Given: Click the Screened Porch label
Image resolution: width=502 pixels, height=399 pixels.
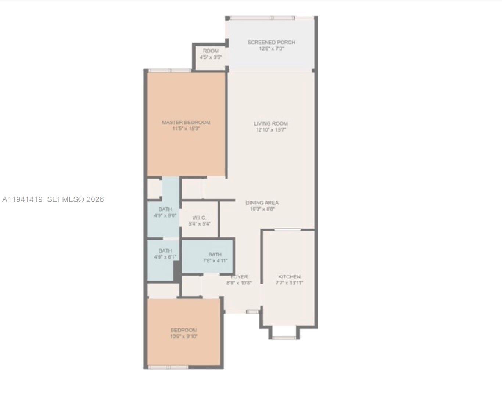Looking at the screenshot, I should (x=271, y=42).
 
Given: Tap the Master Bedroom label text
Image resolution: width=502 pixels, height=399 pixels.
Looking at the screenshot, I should (x=186, y=122).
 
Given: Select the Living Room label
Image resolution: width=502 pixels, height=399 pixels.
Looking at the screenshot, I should (x=271, y=123).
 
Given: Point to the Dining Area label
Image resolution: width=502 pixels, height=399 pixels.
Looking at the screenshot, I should (x=262, y=203).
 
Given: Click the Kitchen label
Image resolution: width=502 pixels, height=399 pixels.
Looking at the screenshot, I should (x=289, y=277).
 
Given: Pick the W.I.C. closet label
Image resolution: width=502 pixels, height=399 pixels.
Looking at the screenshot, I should (x=199, y=218).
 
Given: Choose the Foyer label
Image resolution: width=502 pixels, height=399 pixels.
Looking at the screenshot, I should (x=239, y=277).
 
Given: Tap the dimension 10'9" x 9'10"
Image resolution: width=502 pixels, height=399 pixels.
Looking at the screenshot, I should (x=184, y=336).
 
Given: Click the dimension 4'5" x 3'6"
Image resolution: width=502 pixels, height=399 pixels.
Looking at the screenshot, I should (x=211, y=57).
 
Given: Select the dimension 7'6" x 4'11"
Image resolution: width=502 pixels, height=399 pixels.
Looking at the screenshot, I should (x=215, y=261).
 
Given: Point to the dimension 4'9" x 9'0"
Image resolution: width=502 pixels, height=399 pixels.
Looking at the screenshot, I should (x=165, y=216).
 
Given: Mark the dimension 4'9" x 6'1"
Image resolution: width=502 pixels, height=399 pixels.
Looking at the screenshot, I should (x=165, y=257).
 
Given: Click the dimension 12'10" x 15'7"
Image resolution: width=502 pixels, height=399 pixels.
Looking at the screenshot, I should (x=271, y=130).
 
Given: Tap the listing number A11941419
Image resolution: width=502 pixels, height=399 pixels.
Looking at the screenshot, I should (x=22, y=199).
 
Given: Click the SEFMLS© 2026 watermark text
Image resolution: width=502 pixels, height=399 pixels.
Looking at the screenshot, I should (x=75, y=199).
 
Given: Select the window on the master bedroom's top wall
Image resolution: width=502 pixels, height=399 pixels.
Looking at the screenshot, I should (x=169, y=71).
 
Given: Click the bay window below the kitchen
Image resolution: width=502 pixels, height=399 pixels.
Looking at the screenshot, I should (x=284, y=337).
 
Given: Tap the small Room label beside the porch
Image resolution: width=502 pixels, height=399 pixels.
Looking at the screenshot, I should (x=211, y=51).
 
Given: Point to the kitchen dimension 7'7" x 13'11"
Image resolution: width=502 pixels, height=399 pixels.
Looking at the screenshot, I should (x=289, y=283).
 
